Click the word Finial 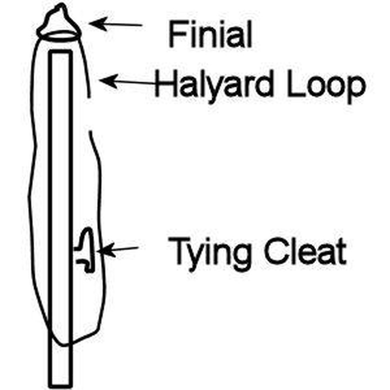210,34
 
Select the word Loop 326,86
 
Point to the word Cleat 305,251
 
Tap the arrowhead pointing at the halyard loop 108,80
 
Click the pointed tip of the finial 61,4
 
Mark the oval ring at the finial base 61,35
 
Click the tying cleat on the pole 85,250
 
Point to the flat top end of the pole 60,51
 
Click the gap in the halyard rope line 90,114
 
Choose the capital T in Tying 179,250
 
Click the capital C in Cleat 275,251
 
